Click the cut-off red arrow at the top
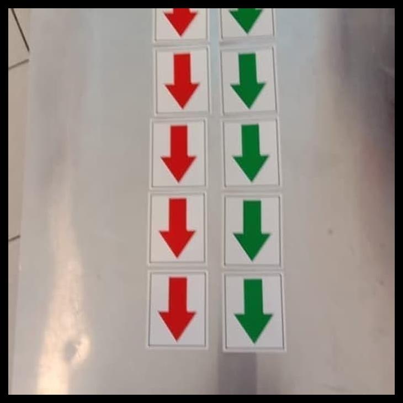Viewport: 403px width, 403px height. pos(181,20)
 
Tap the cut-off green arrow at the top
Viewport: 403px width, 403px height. pos(246,19)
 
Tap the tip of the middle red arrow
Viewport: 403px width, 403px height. pos(178,181)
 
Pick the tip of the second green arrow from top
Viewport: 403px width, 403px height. pos(248,107)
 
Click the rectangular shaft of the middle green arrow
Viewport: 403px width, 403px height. pos(251,141)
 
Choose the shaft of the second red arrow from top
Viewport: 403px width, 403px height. pos(182,68)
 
